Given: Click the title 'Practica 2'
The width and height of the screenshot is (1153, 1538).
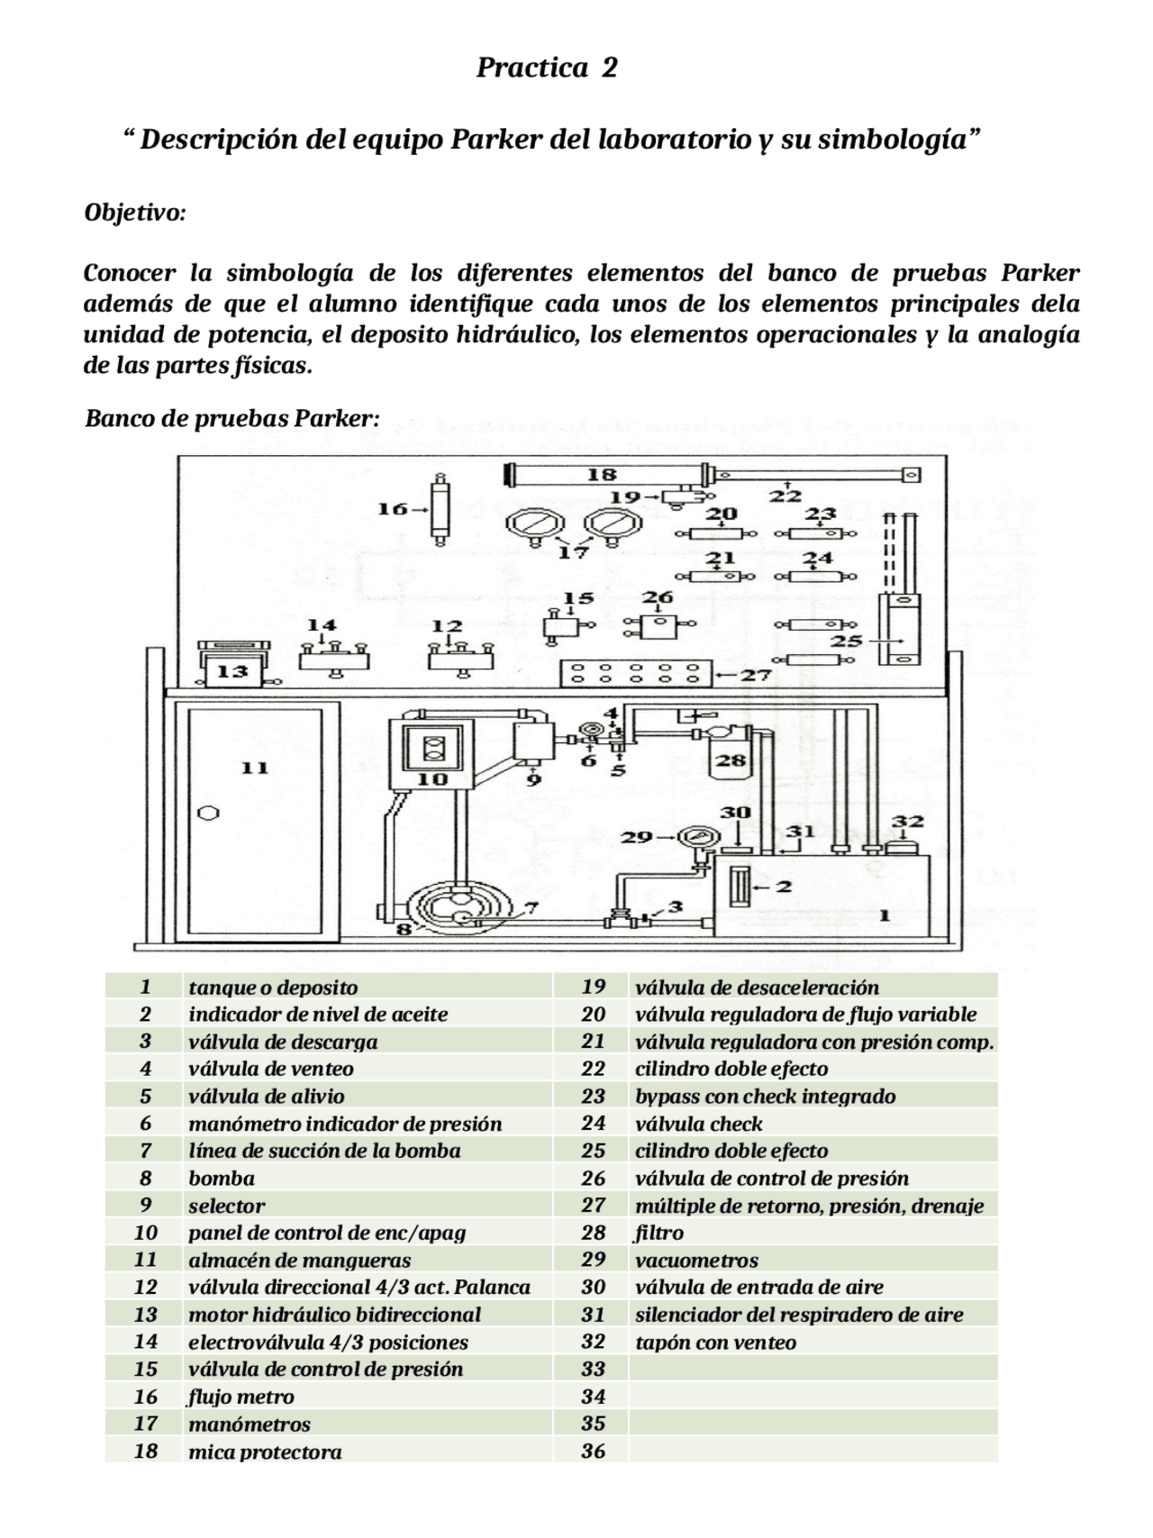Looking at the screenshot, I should pos(547,68).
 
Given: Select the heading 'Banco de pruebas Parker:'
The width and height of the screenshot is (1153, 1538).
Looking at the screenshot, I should pos(232,419).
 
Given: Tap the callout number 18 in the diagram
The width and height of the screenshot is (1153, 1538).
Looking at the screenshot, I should pos(601,475).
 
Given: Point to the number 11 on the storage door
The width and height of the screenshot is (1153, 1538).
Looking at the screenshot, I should pos(255,768).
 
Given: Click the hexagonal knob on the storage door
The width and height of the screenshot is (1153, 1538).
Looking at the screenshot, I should pos(207,813).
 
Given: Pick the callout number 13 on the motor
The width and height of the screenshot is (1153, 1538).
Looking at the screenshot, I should pos(232,671).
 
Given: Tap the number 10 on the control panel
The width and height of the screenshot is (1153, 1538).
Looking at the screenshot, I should pos(433,778).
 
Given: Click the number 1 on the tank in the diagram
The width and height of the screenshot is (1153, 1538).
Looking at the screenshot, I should pos(885,915).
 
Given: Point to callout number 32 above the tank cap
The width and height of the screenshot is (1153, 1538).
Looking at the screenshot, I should pos(907,821).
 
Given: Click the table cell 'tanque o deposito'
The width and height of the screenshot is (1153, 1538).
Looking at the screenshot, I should pos(273,987).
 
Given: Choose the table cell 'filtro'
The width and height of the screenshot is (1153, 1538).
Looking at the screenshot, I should pos(659,1233).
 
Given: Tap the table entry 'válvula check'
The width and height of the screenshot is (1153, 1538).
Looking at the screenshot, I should pos(699,1124).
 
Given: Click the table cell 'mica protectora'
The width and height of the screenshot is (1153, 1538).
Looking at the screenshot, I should pos(265,1452).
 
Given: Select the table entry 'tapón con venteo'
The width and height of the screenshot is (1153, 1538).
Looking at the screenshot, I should pos(716,1342).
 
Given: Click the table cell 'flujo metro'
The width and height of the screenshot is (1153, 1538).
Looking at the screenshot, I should pos(241,1397).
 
